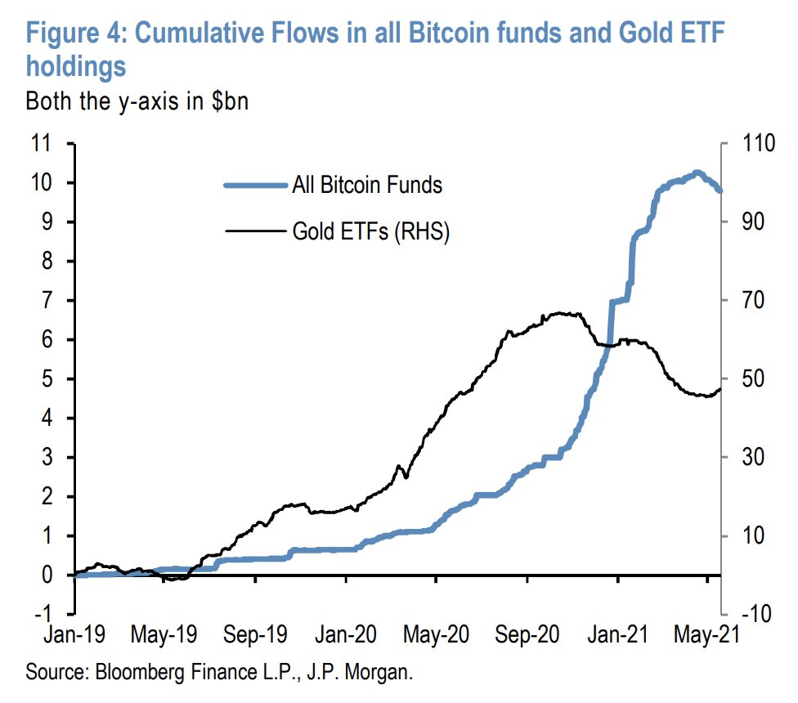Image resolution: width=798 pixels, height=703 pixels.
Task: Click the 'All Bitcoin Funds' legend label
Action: click(367, 185)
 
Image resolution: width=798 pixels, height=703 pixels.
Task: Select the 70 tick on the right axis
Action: click(746, 301)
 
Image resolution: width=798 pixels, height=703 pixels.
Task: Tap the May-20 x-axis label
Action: click(438, 637)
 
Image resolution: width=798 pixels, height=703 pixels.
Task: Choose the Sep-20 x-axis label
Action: click(528, 637)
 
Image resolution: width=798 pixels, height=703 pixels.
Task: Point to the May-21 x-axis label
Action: click(708, 637)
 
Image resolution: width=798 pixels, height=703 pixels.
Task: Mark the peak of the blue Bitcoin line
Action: click(696, 172)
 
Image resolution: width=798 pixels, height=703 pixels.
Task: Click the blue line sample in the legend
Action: click(255, 185)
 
